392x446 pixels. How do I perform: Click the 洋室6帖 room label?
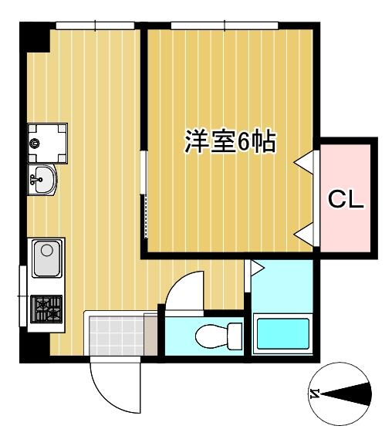tap(230, 141)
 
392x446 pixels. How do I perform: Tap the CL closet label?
tap(346, 199)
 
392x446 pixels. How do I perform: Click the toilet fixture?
tap(218, 336)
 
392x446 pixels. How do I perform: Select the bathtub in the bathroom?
tap(282, 334)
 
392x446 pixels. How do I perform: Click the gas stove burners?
tap(46, 309)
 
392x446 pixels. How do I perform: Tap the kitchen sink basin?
tap(47, 258)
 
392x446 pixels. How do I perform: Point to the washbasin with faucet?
tap(42, 180)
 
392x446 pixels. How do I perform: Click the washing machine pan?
tap(48, 144)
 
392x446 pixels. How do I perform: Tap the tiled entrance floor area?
tap(117, 336)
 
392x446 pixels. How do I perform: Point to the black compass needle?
tap(347, 394)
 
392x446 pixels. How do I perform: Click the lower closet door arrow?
tap(304, 234)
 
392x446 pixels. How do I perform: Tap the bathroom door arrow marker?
tap(258, 269)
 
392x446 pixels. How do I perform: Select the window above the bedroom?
tap(225, 25)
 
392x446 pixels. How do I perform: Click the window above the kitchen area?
tap(95, 25)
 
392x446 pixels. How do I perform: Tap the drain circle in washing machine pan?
tap(35, 144)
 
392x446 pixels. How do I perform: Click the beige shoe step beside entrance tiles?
tap(150, 335)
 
